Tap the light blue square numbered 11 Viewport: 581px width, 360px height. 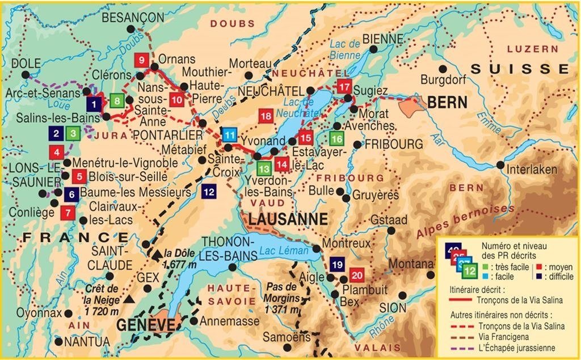pyautogui.click(x=229, y=135)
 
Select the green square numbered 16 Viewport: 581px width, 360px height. pyautogui.click(x=336, y=138)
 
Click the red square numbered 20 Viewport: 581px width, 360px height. pyautogui.click(x=356, y=276)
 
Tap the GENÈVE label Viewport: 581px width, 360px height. pyautogui.click(x=146, y=325)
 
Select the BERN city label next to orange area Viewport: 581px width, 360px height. pyautogui.click(x=448, y=103)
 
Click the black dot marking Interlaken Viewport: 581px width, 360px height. pyautogui.click(x=500, y=165)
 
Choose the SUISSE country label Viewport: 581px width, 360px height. pyautogui.click(x=520, y=69)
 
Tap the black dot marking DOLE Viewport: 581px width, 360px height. pyautogui.click(x=25, y=75)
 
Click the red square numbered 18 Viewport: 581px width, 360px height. pyautogui.click(x=266, y=116)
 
